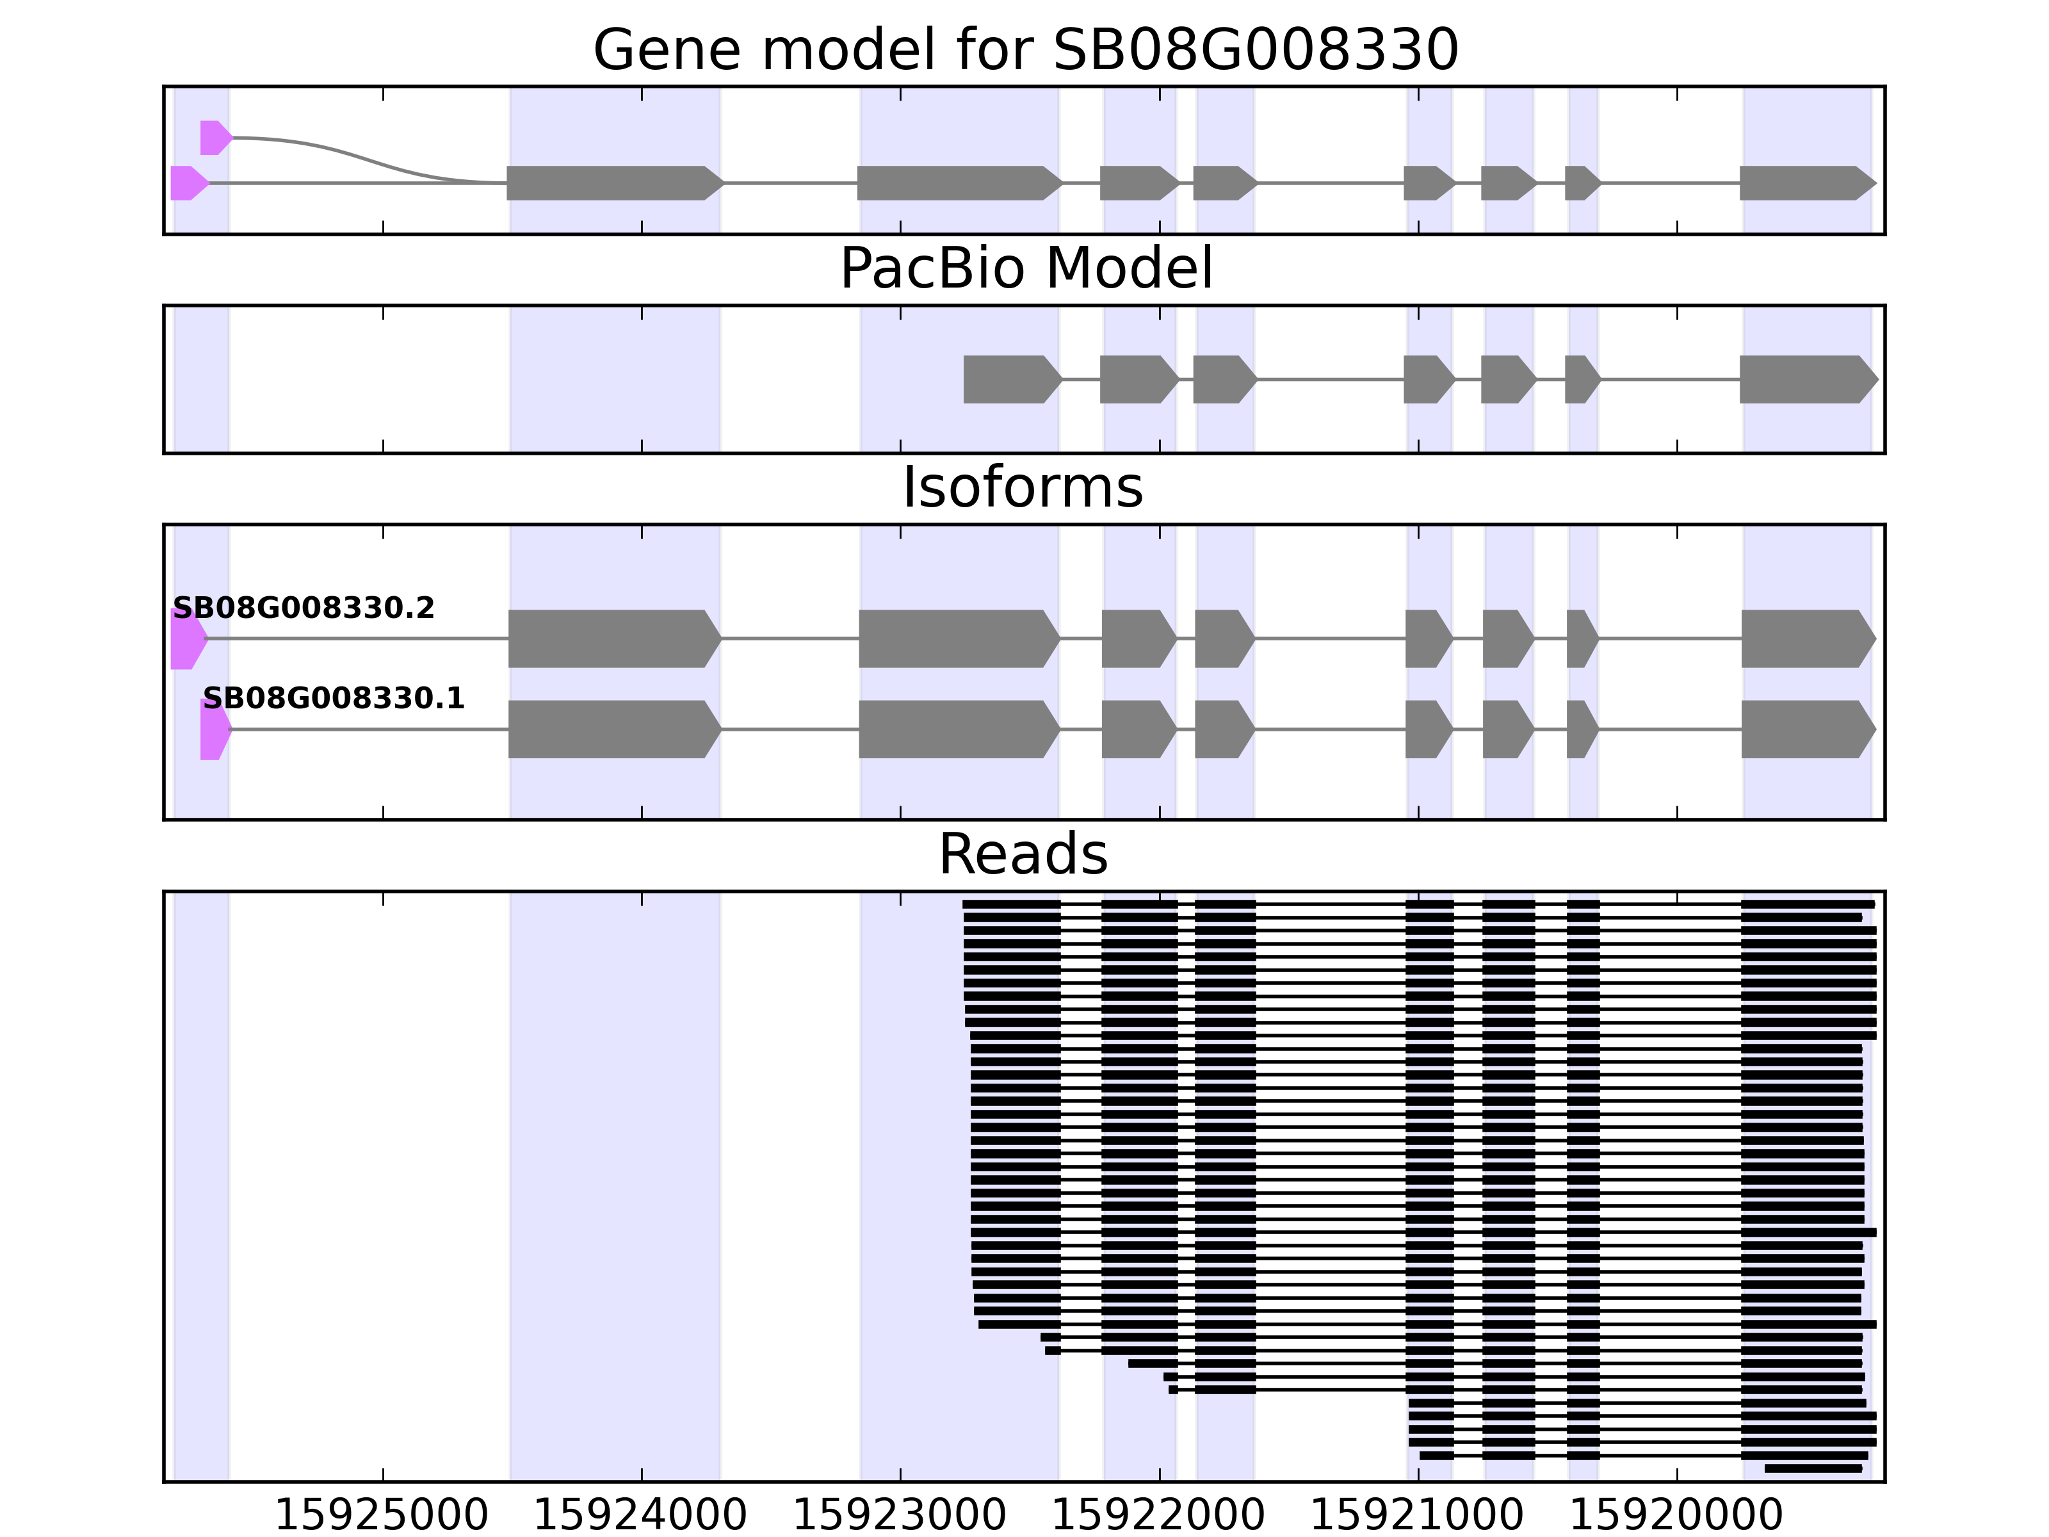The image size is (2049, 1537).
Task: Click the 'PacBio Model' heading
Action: click(1025, 269)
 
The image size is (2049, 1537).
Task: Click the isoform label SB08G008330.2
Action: click(304, 608)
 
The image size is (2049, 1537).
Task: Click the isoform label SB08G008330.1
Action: click(334, 699)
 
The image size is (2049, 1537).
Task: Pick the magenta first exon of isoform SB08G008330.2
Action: click(187, 639)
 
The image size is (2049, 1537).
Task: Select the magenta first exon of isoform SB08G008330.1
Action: click(214, 730)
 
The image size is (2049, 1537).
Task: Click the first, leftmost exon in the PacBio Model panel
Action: click(1010, 380)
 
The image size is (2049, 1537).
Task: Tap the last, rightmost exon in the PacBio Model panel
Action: click(1806, 380)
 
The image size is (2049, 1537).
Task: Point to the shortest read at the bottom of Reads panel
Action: click(1813, 1468)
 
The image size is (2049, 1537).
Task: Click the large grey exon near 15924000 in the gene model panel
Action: click(611, 183)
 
